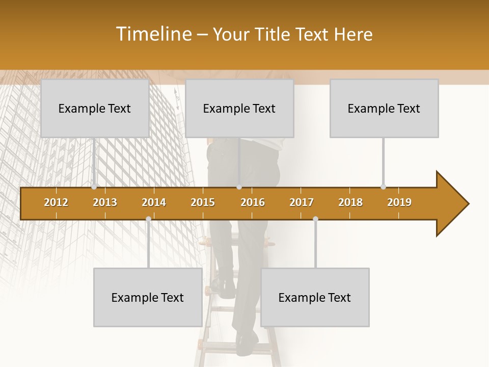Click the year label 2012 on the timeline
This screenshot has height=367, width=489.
click(x=56, y=202)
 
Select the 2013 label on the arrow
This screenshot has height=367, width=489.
click(x=105, y=202)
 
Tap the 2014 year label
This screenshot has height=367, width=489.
click(x=154, y=202)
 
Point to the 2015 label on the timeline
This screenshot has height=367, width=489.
click(x=203, y=202)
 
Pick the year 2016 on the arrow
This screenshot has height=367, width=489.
click(x=253, y=202)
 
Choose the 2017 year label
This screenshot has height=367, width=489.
click(x=302, y=202)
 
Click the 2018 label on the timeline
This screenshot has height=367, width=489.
click(x=350, y=202)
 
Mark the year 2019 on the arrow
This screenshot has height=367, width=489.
click(x=399, y=202)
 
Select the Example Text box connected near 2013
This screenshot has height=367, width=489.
click(x=95, y=108)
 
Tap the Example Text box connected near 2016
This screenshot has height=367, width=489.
click(x=239, y=108)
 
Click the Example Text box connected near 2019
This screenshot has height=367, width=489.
click(x=384, y=108)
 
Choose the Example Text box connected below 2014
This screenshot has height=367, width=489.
click(x=148, y=297)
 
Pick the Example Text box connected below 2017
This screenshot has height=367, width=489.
click(x=315, y=297)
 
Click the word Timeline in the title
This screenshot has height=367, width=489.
click(x=153, y=34)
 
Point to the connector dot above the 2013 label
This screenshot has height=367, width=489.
click(x=94, y=187)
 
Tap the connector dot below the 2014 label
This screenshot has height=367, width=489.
click(x=148, y=219)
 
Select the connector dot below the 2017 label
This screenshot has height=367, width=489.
click(x=315, y=219)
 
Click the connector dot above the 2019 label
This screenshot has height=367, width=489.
click(x=383, y=187)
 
